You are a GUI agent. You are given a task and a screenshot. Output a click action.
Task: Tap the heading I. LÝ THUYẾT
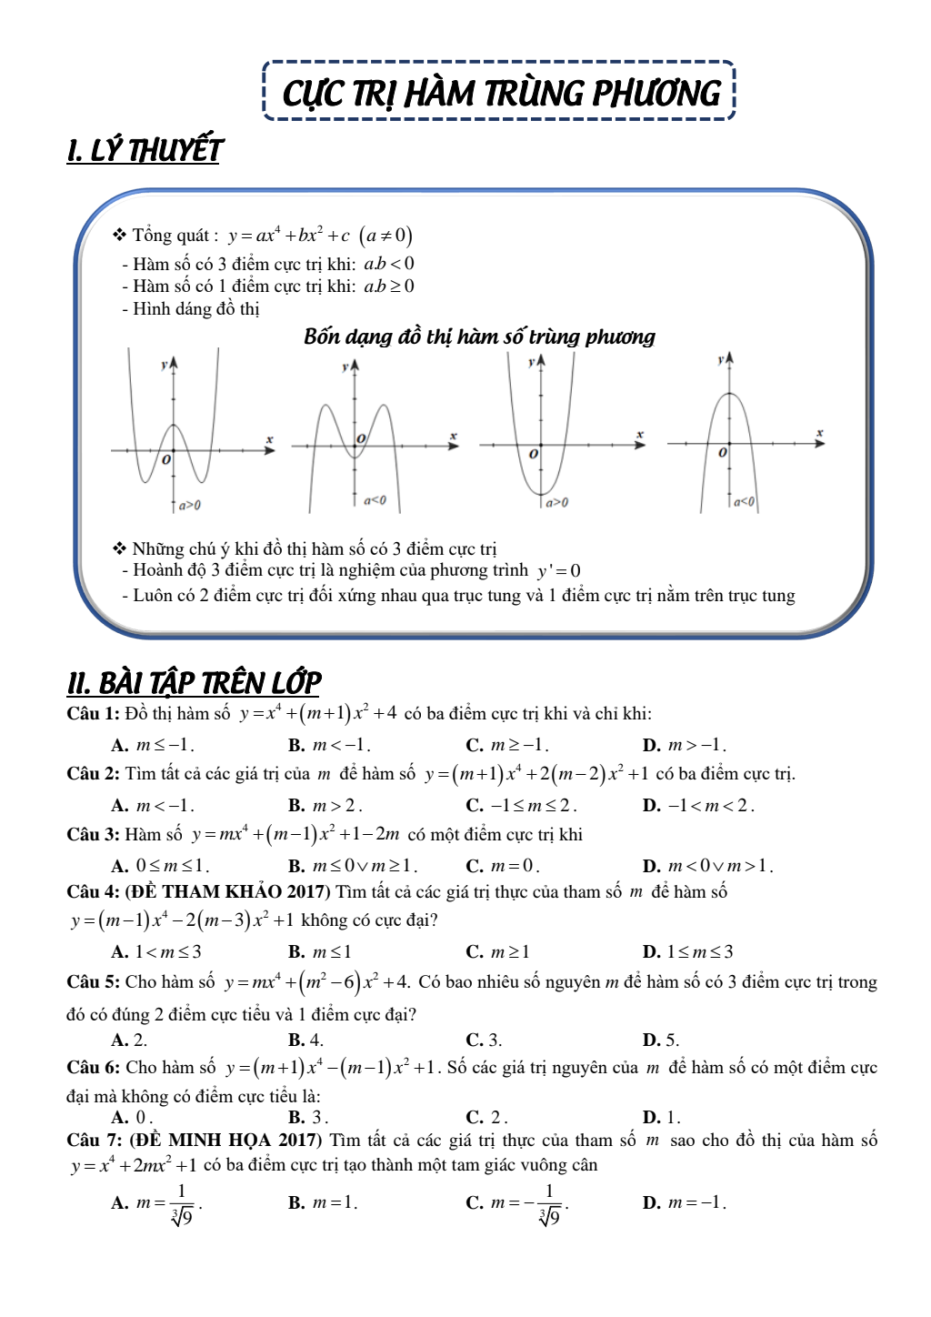pyautogui.click(x=145, y=150)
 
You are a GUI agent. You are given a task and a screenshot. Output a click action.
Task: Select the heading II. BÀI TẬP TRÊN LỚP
pyautogui.click(x=194, y=682)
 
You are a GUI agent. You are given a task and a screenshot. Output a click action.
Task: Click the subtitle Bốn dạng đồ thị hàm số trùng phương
pyautogui.click(x=479, y=337)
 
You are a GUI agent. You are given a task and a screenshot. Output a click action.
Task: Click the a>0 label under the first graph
pyautogui.click(x=189, y=505)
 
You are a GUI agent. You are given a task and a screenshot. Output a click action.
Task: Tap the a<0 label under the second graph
pyautogui.click(x=375, y=500)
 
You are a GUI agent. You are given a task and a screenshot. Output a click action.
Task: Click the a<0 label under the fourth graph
pyautogui.click(x=744, y=501)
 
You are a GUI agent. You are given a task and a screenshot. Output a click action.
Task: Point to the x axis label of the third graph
pyautogui.click(x=640, y=435)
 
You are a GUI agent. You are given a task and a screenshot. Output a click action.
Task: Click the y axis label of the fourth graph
pyautogui.click(x=720, y=360)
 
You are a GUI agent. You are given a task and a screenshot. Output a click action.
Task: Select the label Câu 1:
pyautogui.click(x=93, y=714)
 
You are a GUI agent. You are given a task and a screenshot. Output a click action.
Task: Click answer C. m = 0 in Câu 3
pyautogui.click(x=503, y=865)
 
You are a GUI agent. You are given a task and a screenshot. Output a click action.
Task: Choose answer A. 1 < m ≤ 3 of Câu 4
pyautogui.click(x=156, y=951)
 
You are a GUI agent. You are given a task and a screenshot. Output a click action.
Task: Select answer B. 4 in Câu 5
pyautogui.click(x=305, y=1040)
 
